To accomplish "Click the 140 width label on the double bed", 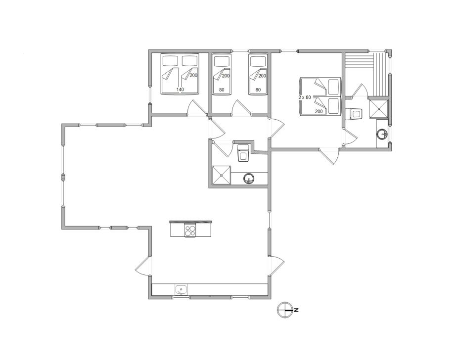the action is pos(181,90).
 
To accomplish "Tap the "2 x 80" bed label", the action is pos(305,97).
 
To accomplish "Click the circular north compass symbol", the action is pos(285,310).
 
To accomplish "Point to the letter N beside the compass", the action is pos(296,310).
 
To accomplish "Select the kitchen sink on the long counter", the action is pos(181,290).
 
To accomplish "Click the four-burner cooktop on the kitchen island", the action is pos(190,229).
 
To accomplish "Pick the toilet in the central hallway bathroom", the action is pos(243,153).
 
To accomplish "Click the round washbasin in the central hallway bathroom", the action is pos(249,179).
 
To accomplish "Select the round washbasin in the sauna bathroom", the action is pos(382,134).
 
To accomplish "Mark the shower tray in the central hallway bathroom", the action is pos(222,175).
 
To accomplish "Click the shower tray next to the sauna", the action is pos(379,109).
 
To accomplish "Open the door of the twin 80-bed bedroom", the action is pos(242,108).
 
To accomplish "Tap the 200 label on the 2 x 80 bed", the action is pos(319,111).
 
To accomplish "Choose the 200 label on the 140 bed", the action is pos(193,75).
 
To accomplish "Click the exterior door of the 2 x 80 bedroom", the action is pos(330,157).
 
